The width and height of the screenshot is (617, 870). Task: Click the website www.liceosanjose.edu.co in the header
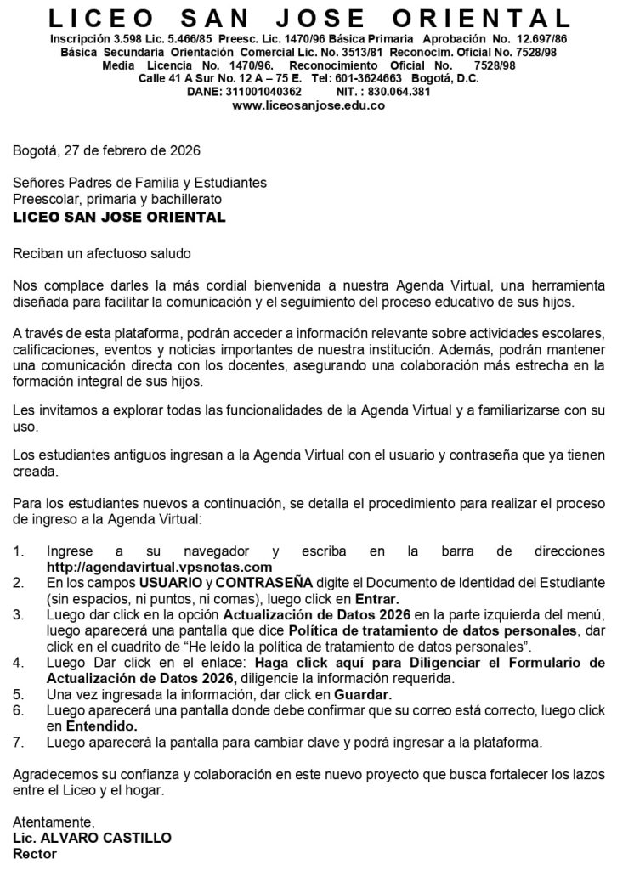click(308, 105)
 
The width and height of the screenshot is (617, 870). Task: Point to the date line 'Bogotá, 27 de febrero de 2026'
click(106, 151)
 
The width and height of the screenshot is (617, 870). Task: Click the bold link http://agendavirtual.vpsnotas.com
click(159, 567)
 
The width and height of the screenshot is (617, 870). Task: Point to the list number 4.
click(18, 663)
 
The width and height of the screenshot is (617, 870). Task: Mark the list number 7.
click(18, 743)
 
